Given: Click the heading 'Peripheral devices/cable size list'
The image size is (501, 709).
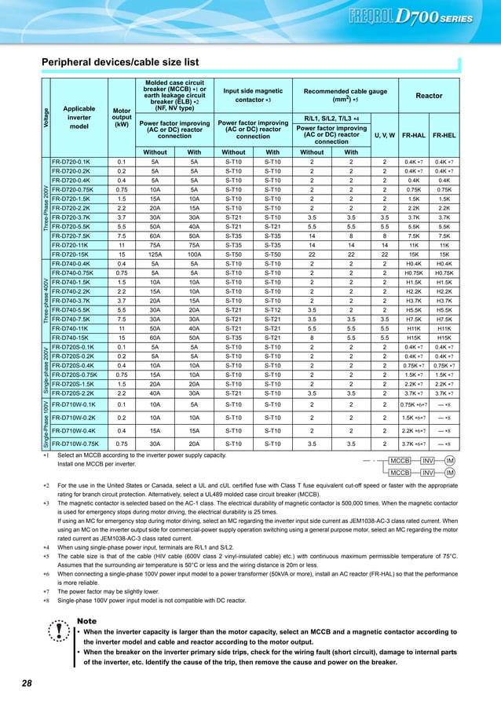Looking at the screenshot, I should [120, 62].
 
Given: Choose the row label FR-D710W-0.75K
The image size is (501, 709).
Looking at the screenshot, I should [79, 444].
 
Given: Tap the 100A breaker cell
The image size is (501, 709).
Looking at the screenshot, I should [194, 257].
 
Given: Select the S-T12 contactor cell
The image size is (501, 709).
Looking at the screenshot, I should [272, 310].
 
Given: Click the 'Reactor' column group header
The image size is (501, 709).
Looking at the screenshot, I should [428, 96].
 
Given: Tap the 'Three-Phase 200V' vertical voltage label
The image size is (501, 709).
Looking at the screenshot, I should [46, 209].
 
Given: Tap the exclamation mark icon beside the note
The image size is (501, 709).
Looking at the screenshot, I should [58, 638].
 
